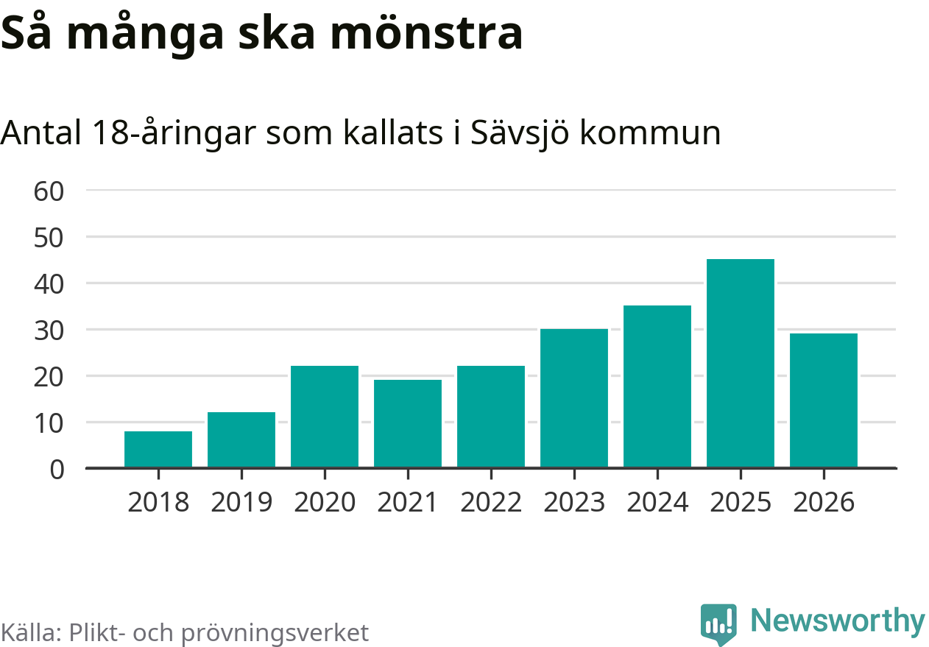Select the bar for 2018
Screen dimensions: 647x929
click(158, 449)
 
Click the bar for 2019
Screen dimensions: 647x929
click(241, 439)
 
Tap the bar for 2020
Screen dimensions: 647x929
click(325, 417)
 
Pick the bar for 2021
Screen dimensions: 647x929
click(408, 423)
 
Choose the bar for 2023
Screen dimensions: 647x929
click(574, 398)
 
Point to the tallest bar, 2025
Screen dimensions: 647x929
click(741, 363)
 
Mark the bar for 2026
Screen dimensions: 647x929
click(824, 400)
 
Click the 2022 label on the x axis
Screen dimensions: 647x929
click(491, 503)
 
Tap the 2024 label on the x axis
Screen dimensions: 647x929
click(657, 503)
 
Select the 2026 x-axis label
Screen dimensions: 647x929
click(824, 503)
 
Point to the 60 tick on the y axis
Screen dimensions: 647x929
click(49, 191)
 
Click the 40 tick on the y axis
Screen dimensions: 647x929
click(49, 283)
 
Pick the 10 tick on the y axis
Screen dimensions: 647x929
click(49, 423)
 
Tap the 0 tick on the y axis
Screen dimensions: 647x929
click(57, 469)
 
